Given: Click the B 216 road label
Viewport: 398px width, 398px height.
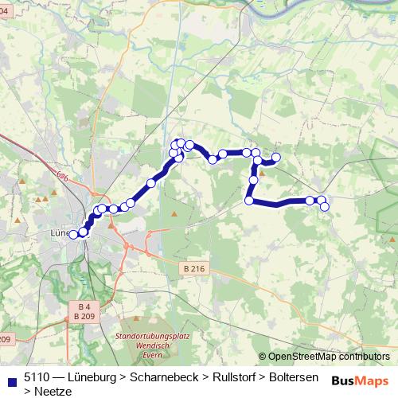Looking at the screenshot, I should (x=193, y=269).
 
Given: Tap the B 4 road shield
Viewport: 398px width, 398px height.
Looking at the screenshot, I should (x=85, y=306).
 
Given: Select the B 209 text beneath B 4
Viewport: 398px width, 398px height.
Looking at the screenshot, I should (x=85, y=317).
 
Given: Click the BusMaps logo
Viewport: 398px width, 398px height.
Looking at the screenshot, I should (x=360, y=380).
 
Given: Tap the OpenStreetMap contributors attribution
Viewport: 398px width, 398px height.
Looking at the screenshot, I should (x=329, y=357).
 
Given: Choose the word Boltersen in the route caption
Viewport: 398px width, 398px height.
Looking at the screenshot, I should (x=294, y=377).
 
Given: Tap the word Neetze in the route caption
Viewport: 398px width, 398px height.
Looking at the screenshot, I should (x=53, y=391).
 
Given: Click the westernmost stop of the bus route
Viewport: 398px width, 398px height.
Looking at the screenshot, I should (x=72, y=234).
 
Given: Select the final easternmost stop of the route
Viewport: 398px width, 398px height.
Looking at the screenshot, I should (x=325, y=207).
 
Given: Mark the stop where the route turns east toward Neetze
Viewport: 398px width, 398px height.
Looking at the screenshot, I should (x=249, y=201).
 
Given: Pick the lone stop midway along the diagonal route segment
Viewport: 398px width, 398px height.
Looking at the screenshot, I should (x=150, y=183).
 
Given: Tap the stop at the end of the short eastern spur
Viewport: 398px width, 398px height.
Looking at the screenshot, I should (x=277, y=158).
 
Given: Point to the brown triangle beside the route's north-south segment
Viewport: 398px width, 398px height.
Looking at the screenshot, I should (x=261, y=171).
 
